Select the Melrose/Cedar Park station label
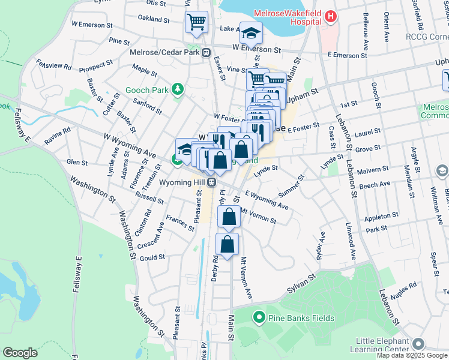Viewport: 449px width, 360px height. [164, 52]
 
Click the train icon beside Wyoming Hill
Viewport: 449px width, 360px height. [212, 182]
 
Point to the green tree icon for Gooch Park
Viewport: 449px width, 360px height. [177, 90]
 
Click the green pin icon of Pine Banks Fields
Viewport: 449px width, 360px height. [259, 317]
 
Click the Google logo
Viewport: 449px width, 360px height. [20, 353]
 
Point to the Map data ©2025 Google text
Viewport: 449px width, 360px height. [412, 355]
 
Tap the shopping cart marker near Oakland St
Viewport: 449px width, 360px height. [196, 23]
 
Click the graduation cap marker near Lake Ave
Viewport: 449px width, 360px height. [251, 32]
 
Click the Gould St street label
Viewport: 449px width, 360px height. [152, 257]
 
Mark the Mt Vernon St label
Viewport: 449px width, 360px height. [258, 215]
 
